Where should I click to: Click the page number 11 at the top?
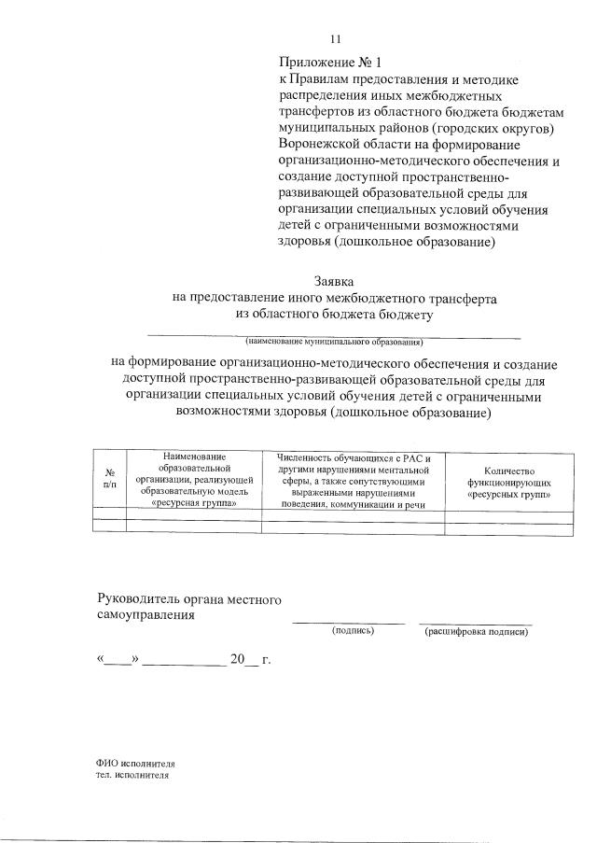point(337,39)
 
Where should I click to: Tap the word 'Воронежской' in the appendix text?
point(319,145)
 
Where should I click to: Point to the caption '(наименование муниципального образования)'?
point(333,342)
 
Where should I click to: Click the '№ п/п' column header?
point(109,478)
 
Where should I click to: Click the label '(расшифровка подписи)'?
point(476,632)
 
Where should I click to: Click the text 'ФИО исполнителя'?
point(136,763)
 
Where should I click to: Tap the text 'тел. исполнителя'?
point(133,775)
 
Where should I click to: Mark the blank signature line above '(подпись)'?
point(349,622)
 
